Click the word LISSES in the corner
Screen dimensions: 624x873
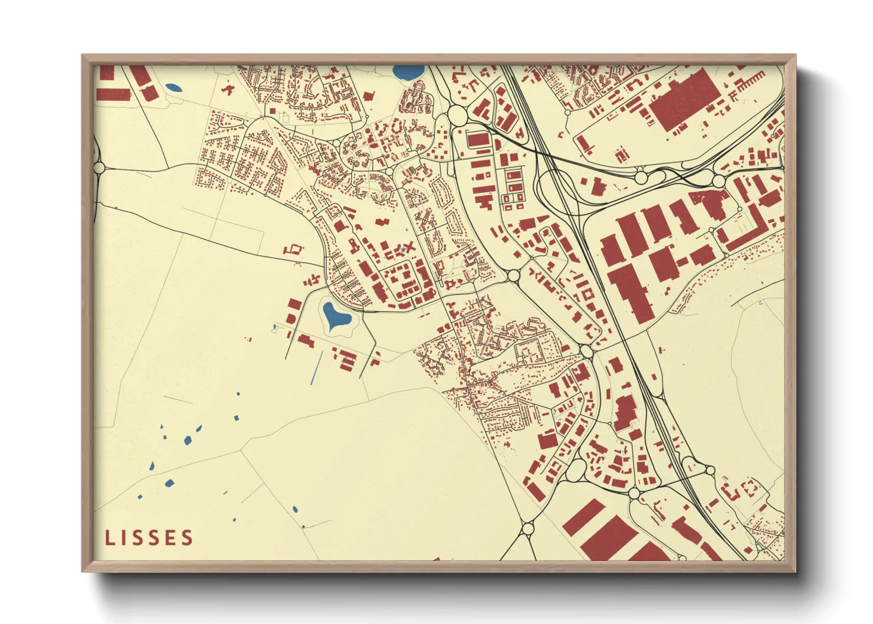pyautogui.click(x=149, y=537)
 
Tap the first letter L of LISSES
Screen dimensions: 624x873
pyautogui.click(x=109, y=537)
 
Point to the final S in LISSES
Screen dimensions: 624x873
pyautogui.click(x=188, y=537)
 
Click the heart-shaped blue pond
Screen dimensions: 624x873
pyautogui.click(x=336, y=317)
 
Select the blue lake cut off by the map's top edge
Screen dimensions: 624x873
pyautogui.click(x=408, y=73)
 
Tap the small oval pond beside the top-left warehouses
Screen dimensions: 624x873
pyautogui.click(x=173, y=88)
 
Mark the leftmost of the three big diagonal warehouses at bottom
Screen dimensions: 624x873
pyautogui.click(x=585, y=517)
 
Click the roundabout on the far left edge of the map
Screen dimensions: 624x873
pyautogui.click(x=99, y=168)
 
